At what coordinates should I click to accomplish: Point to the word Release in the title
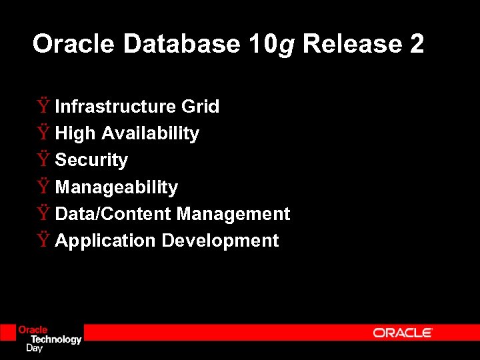click(351, 45)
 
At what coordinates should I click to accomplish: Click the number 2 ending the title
click(417, 45)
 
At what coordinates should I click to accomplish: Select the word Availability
click(150, 134)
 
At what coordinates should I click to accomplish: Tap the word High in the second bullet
click(75, 134)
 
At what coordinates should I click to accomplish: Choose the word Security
click(91, 161)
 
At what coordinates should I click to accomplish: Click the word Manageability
click(117, 187)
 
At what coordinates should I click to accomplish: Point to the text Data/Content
click(113, 214)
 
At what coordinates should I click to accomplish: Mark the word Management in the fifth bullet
click(233, 214)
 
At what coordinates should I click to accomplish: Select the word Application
click(105, 241)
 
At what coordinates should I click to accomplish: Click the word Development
click(220, 241)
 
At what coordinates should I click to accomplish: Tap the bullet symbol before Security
click(43, 160)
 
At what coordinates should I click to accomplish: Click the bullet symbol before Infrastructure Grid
click(43, 106)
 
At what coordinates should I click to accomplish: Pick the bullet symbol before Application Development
click(43, 240)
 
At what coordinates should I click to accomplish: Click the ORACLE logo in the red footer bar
click(403, 333)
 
